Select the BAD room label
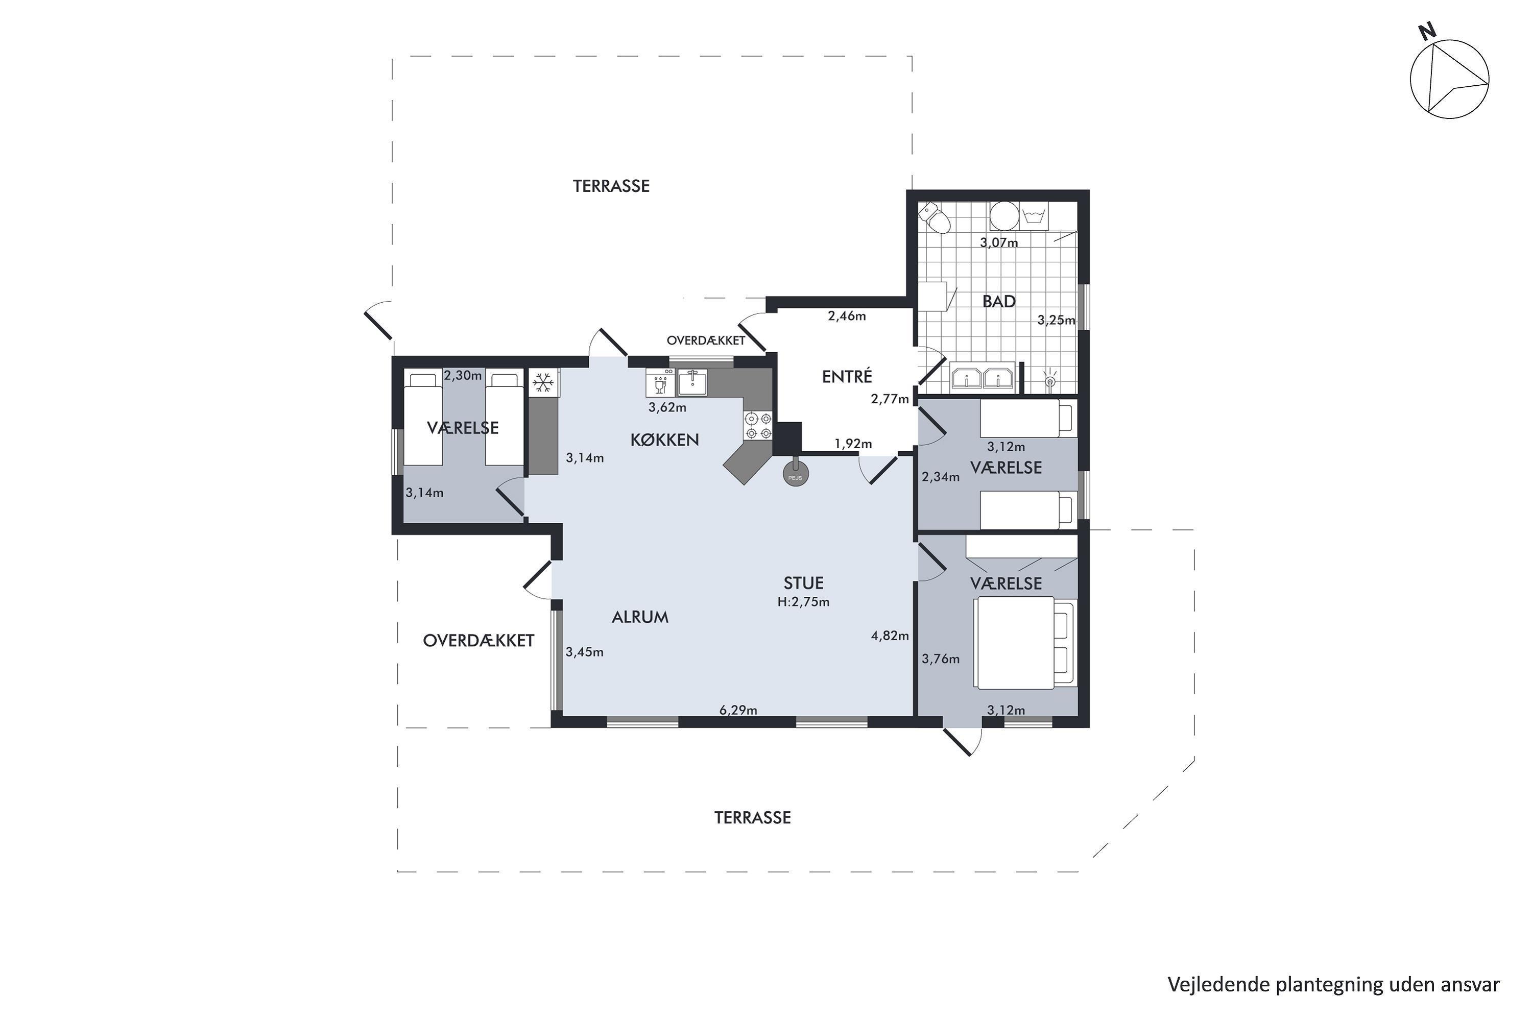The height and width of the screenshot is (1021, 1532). click(998, 302)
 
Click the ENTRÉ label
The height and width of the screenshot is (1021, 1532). click(846, 376)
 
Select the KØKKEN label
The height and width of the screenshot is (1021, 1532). click(664, 440)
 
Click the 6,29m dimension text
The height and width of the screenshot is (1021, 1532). click(738, 710)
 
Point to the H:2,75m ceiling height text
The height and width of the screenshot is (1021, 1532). click(803, 602)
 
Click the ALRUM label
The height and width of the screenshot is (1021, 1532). click(640, 617)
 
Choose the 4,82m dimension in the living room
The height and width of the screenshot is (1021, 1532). click(890, 636)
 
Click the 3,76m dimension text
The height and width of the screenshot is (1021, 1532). click(941, 659)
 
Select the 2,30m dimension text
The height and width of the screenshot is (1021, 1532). click(463, 376)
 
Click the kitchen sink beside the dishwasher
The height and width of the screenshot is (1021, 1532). click(692, 382)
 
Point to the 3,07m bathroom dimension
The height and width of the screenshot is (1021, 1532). click(998, 243)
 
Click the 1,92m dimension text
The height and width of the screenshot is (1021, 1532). click(853, 444)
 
